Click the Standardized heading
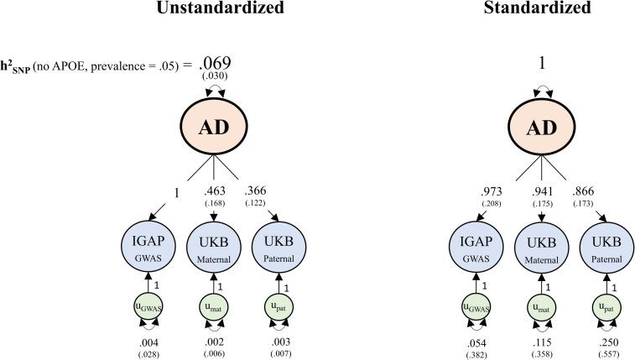(x=537, y=9)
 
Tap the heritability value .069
(x=214, y=63)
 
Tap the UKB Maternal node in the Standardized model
(x=538, y=244)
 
